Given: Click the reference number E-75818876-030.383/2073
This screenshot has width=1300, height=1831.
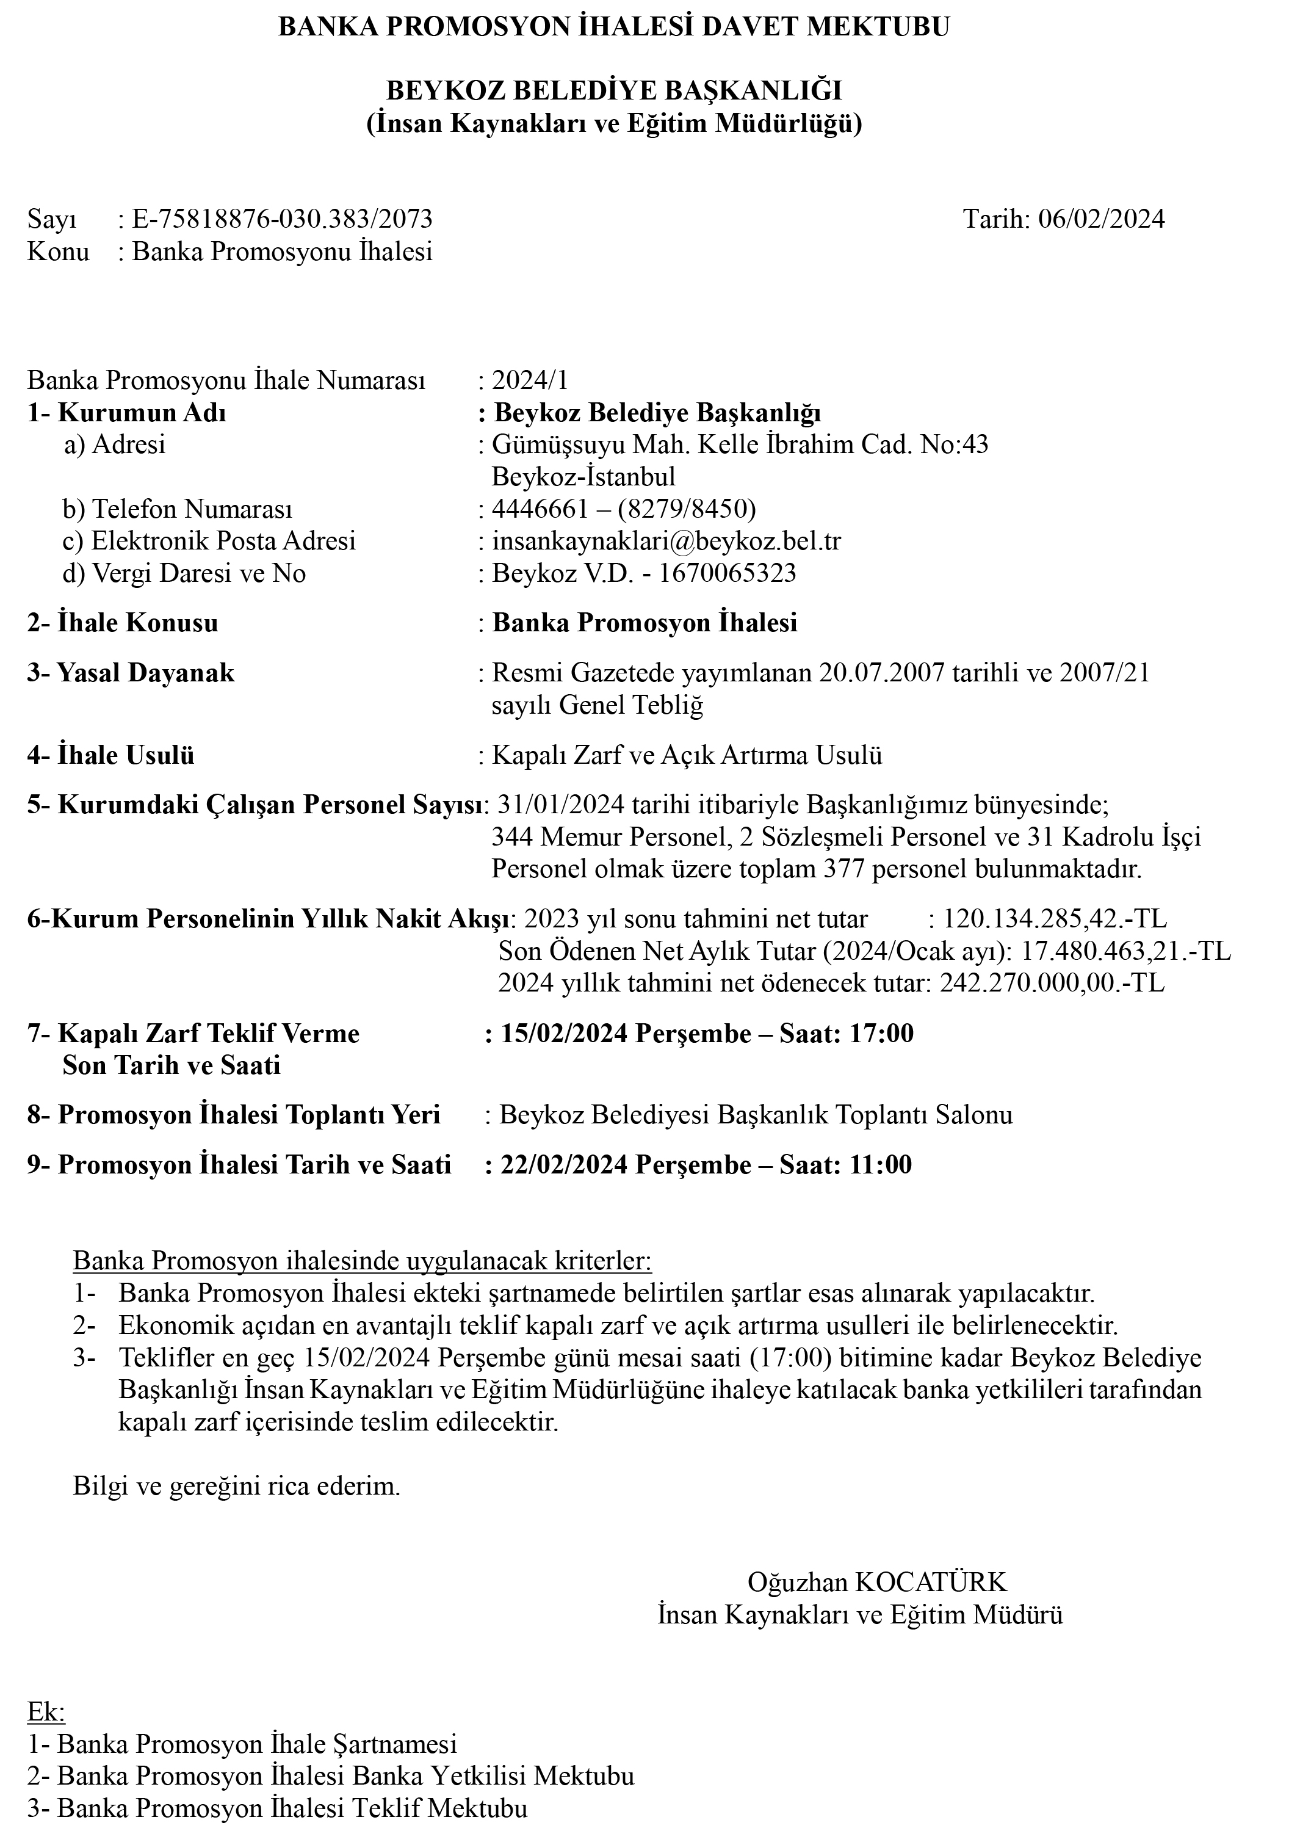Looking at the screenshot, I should [282, 219].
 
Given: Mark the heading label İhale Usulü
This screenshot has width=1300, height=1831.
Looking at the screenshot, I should [126, 755].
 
